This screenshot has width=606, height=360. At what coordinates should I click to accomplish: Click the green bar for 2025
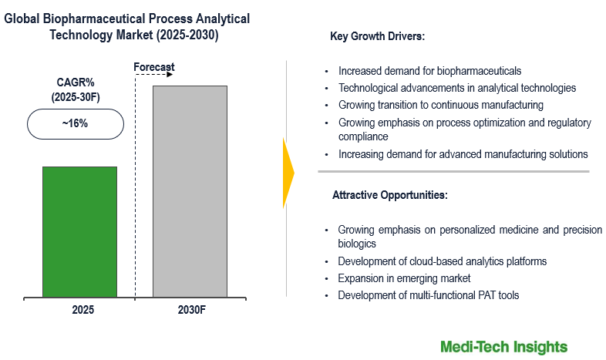[x=79, y=231]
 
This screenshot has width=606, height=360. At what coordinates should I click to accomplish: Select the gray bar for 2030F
[x=190, y=191]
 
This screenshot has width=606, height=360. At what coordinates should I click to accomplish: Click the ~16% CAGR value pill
[x=75, y=123]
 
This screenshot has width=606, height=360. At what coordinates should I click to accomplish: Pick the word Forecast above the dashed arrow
[x=154, y=67]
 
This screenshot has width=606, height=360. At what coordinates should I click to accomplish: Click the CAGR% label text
[x=76, y=82]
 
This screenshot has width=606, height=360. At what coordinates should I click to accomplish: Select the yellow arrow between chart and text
[x=288, y=173]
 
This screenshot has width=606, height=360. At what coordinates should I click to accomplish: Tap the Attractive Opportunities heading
[x=389, y=195]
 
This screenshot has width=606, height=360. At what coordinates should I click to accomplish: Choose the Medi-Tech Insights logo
[x=503, y=346]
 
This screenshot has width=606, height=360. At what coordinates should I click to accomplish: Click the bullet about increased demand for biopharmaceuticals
[x=429, y=71]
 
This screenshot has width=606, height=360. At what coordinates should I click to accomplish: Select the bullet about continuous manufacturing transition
[x=440, y=104]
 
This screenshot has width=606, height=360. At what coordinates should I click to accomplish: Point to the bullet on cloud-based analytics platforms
[x=442, y=261]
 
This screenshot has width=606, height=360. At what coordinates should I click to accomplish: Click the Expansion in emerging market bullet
[x=404, y=278]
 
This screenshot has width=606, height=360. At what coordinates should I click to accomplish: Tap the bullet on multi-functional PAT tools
[x=428, y=294]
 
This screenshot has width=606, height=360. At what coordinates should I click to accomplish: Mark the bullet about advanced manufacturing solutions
[x=463, y=154]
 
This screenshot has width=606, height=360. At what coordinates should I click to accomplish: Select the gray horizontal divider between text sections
[x=453, y=171]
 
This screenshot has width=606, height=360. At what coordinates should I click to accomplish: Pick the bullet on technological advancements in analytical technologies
[x=457, y=88]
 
